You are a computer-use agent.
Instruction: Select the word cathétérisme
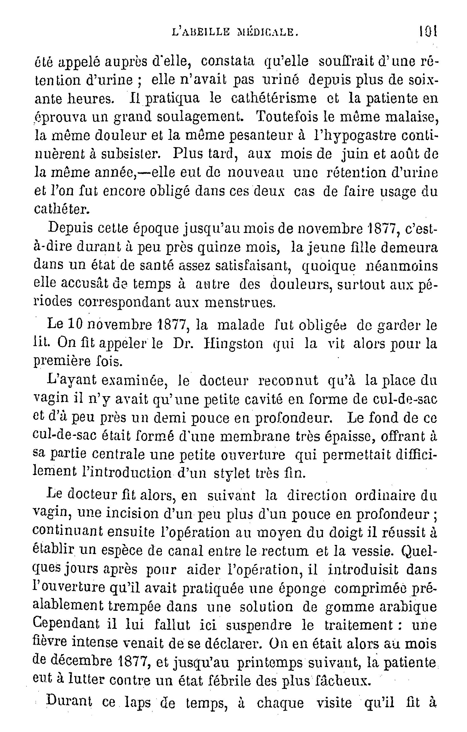coord(273,98)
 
